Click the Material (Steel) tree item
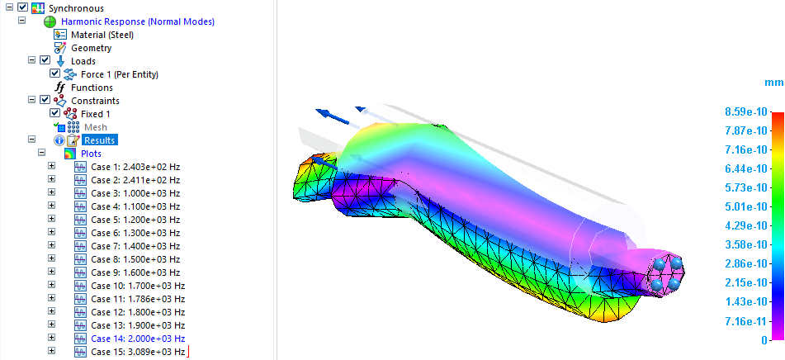(102, 35)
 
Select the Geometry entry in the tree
(91, 48)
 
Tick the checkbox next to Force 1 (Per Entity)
(55, 73)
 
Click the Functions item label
(92, 88)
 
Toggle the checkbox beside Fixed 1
(55, 113)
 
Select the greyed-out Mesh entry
(95, 127)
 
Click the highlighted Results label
(100, 140)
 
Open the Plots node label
(91, 154)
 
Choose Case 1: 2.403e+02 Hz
(135, 167)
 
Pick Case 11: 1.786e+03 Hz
(138, 299)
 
